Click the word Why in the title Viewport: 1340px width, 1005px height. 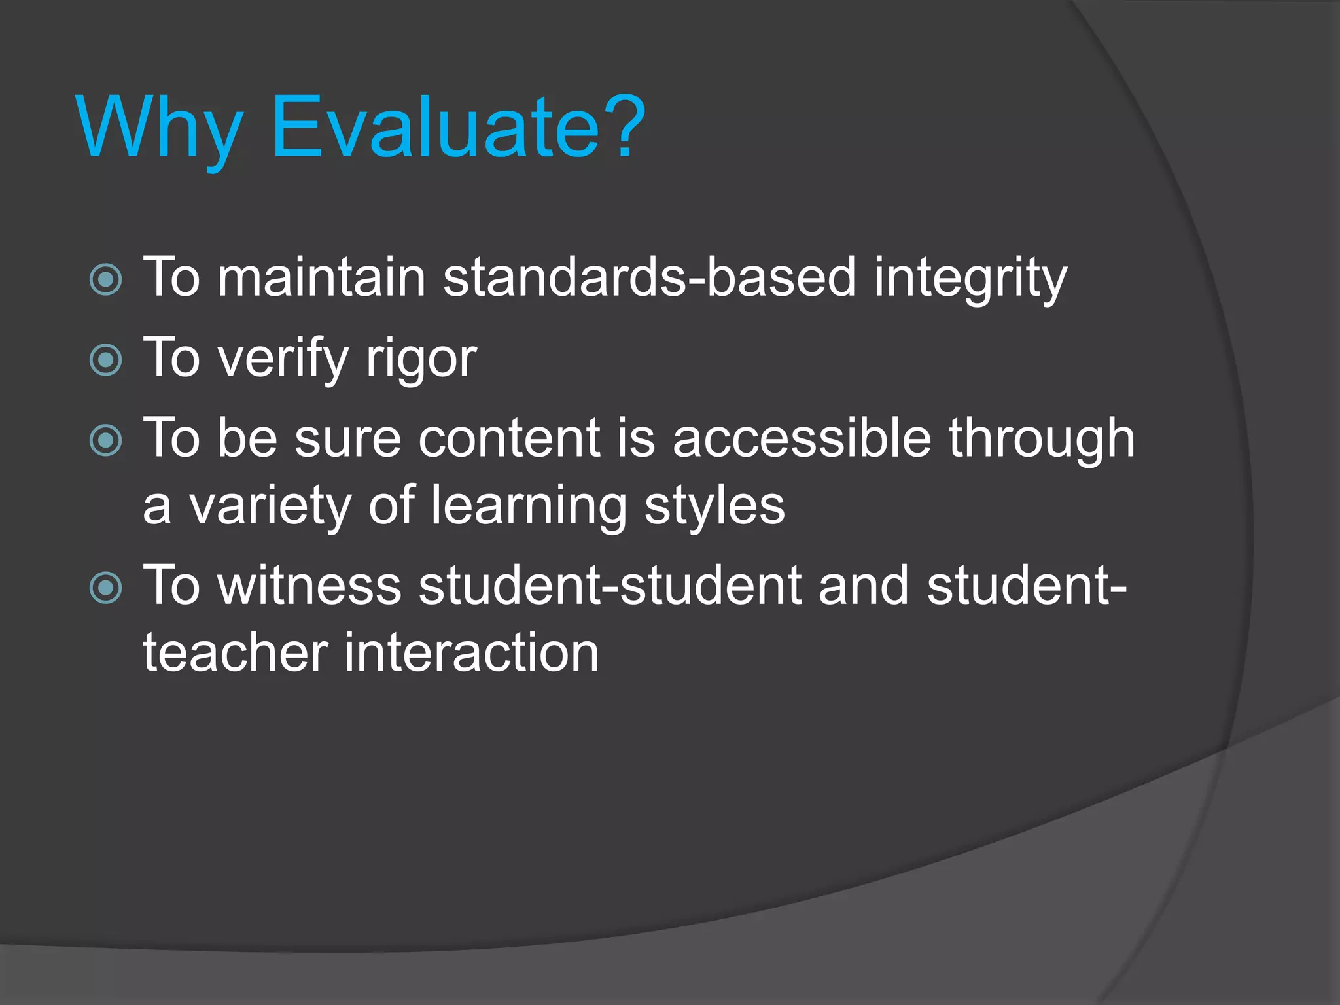pos(160,128)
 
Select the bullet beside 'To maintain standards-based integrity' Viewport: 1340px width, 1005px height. pos(106,279)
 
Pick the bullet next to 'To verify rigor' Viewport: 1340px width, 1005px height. pos(106,360)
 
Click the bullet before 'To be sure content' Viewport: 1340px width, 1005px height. pos(106,440)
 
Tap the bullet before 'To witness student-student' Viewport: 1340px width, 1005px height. pos(106,587)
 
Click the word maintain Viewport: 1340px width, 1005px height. pos(321,277)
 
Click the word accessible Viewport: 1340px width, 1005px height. pos(802,438)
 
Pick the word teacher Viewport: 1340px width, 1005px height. pos(236,653)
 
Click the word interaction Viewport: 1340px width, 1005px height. pos(471,653)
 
